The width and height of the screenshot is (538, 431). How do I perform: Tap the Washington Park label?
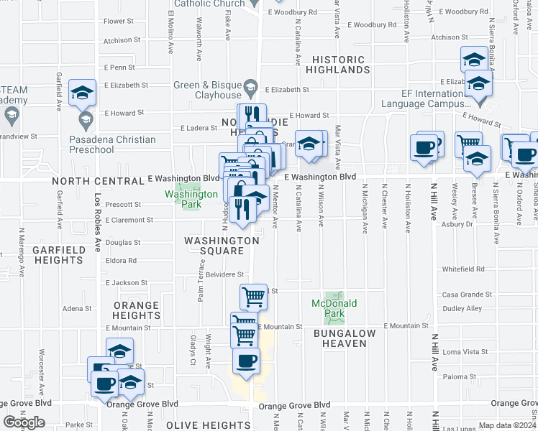click(x=191, y=199)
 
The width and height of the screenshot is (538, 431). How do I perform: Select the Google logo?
click(x=24, y=422)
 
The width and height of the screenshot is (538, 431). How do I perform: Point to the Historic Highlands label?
click(x=337, y=65)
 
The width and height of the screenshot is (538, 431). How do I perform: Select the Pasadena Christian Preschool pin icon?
click(x=86, y=118)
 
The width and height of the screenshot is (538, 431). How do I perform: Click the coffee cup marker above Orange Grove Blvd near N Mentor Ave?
click(x=246, y=362)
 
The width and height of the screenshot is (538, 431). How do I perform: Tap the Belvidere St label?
click(x=227, y=274)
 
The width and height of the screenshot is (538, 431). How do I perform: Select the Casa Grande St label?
click(x=465, y=295)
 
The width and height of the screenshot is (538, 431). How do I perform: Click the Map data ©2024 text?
click(x=508, y=425)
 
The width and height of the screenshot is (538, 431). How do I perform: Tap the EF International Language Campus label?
click(x=444, y=98)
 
